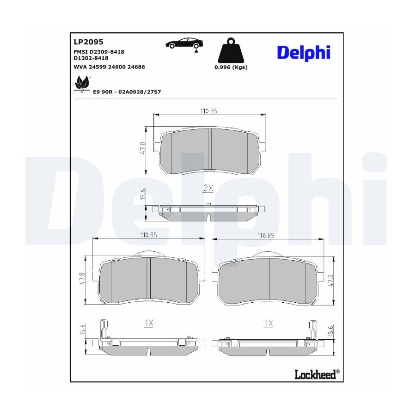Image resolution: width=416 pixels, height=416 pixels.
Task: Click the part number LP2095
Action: coord(88,42)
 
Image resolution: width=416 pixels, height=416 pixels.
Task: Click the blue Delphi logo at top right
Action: coord(304,53)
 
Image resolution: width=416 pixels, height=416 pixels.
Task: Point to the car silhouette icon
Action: coord(184,44)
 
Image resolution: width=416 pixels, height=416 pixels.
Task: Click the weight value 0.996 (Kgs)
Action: coord(231,67)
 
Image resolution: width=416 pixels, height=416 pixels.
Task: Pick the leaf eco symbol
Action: coord(82,84)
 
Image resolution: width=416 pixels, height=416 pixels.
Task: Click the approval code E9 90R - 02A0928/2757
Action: coord(127,92)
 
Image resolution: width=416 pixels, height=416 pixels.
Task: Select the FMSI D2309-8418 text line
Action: coord(99,52)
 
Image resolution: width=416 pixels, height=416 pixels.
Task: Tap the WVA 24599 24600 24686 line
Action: coord(109,67)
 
